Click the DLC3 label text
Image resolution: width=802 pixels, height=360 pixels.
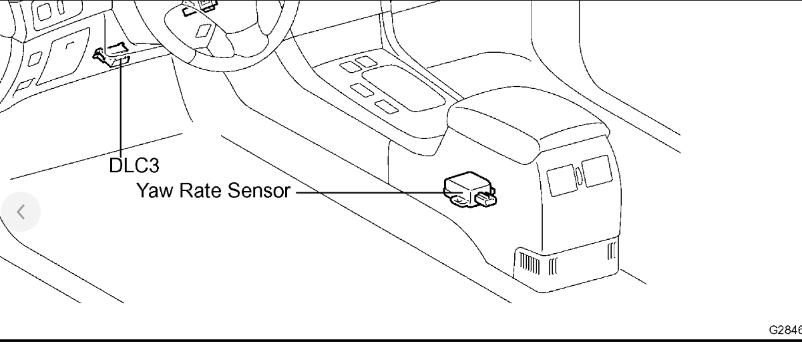(134, 165)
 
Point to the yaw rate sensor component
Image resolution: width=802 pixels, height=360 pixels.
(467, 186)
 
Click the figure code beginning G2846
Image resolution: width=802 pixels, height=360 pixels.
(785, 330)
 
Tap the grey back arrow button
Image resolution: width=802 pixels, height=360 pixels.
(21, 212)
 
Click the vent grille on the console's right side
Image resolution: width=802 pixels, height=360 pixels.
(612, 252)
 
